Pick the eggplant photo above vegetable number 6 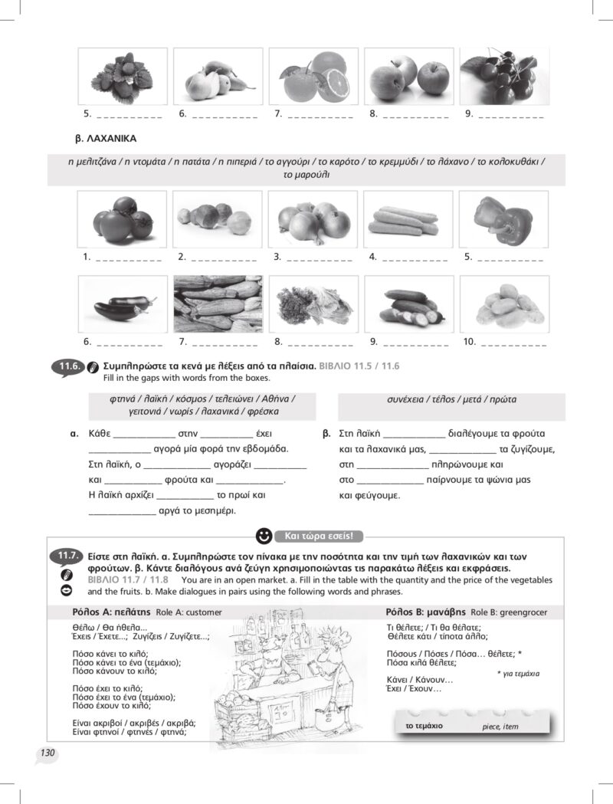[123, 304]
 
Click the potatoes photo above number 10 [503, 304]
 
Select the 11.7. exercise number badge [67, 556]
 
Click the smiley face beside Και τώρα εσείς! [264, 535]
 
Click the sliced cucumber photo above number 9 [408, 304]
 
